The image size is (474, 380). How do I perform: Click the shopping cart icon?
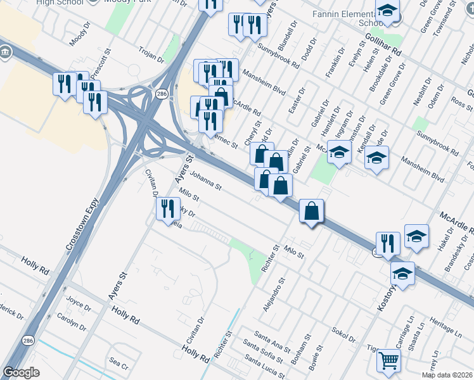[388, 361]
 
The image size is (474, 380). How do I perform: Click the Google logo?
[21, 372]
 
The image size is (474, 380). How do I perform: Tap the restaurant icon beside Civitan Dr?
[167, 208]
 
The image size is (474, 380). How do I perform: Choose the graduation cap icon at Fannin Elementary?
[387, 11]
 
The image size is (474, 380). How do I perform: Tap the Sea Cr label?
[119, 366]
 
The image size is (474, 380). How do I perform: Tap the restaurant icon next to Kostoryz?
[387, 243]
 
